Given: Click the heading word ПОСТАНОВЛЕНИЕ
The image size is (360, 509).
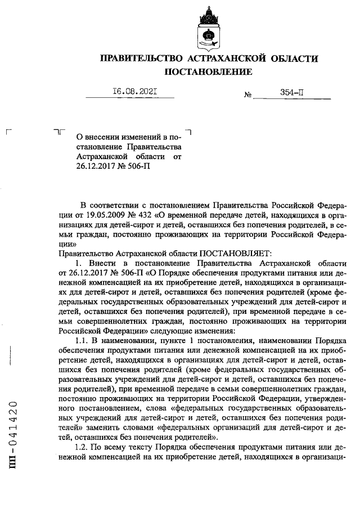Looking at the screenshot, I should [x=208, y=72].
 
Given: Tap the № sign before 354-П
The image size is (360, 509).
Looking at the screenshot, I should [x=247, y=96].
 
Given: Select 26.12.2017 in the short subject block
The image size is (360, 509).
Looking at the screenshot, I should [x=97, y=166].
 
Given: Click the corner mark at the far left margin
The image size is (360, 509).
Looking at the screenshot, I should [x=7, y=131].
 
